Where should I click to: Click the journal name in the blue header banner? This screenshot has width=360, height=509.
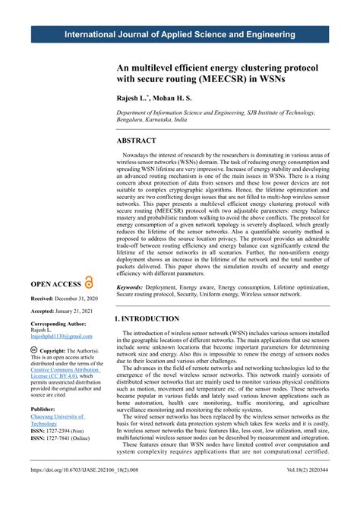(180, 35)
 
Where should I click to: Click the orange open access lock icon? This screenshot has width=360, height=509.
(89, 282)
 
